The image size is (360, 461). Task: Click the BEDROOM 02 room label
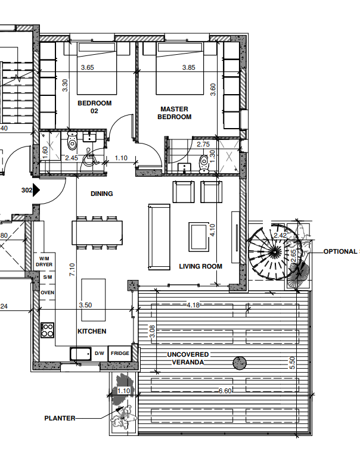94,107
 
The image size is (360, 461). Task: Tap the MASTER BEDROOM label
174,113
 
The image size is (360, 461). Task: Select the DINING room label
101,194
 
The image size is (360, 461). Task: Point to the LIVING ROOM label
201,266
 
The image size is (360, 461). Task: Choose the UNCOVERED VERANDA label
189,358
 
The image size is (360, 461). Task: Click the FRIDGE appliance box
120,353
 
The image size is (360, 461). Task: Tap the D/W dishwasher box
99,353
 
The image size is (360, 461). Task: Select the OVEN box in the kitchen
47,292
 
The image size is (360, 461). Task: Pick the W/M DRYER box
45,260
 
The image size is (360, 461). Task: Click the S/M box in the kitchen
47,277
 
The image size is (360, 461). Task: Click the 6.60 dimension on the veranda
225,391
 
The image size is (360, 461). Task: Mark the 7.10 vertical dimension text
72,270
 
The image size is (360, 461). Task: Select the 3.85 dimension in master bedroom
189,68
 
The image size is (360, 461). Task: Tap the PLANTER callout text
60,418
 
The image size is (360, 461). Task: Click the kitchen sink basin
80,354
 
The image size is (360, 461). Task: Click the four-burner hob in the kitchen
48,329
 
